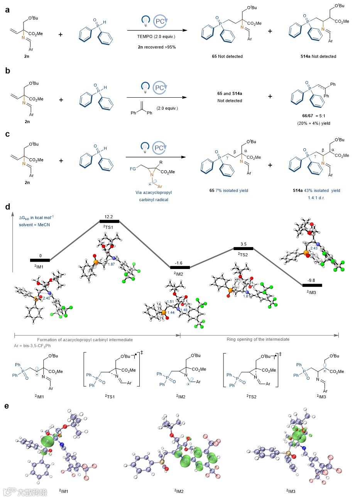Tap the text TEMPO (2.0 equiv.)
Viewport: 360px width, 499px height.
(x=156, y=37)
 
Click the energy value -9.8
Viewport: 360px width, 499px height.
(x=312, y=280)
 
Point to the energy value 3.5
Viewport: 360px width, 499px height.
(x=243, y=244)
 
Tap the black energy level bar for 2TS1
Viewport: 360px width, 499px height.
(x=109, y=221)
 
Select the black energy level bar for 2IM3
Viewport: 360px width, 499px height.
(x=312, y=285)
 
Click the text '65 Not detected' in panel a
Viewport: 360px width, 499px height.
(x=227, y=56)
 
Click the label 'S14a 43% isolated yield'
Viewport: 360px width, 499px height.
(x=316, y=190)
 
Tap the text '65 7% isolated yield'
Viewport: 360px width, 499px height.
(x=229, y=190)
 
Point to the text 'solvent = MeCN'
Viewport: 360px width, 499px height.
(x=34, y=225)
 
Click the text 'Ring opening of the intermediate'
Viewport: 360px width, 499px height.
(x=258, y=339)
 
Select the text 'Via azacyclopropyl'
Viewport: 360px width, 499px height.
(x=154, y=192)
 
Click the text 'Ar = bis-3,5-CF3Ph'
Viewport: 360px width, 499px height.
(x=32, y=346)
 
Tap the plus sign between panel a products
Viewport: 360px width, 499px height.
(x=270, y=31)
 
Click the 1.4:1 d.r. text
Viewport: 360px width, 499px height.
(x=316, y=197)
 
